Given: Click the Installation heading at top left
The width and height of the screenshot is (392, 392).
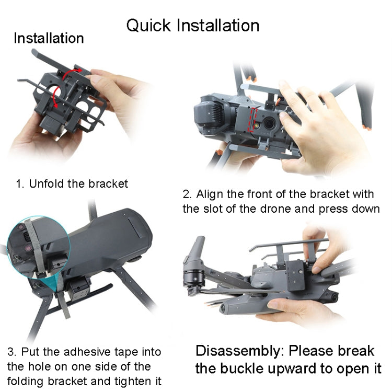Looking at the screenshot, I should (48, 38).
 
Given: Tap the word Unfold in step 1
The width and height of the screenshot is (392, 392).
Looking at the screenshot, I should (44, 184).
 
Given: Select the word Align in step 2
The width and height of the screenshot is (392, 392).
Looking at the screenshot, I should (210, 194).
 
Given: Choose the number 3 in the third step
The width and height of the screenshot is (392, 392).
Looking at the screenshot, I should (11, 352).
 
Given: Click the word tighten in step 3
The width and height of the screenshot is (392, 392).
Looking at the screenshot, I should (125, 380).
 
